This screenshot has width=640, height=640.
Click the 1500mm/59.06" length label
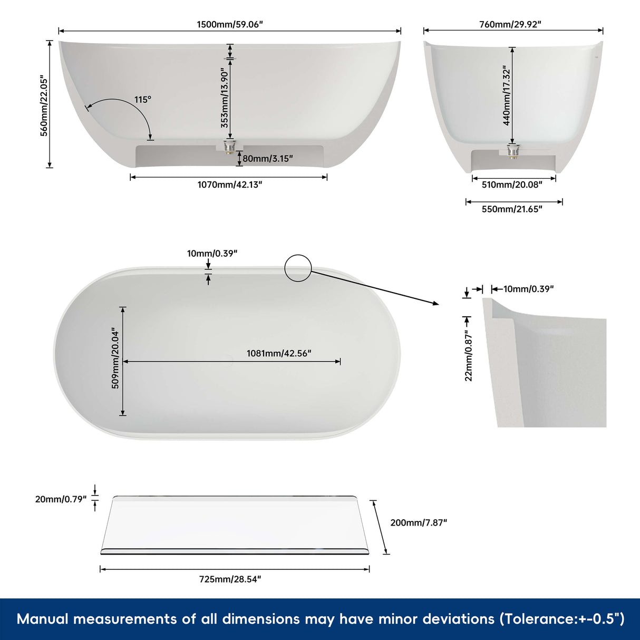pyautogui.click(x=229, y=24)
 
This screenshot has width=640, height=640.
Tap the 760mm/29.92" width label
pyautogui.click(x=510, y=24)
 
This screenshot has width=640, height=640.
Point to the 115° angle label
pyautogui.click(x=142, y=100)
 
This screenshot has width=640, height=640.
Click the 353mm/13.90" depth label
pyautogui.click(x=225, y=98)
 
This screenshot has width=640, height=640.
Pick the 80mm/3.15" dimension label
pyautogui.click(x=267, y=159)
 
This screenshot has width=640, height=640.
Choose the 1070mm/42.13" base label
pyautogui.click(x=229, y=185)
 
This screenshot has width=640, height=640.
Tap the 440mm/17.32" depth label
pyautogui.click(x=507, y=95)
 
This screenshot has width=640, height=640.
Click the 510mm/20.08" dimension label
pyautogui.click(x=511, y=185)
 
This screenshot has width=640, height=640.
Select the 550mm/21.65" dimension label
pyautogui.click(x=511, y=209)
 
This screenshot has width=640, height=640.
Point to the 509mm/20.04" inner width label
pyautogui.click(x=115, y=358)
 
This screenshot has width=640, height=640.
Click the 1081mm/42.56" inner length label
pyautogui.click(x=279, y=353)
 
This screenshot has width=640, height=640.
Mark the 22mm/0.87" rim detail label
pyautogui.click(x=469, y=356)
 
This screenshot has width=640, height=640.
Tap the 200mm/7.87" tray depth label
pyautogui.click(x=419, y=522)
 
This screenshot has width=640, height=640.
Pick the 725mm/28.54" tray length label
pyautogui.click(x=230, y=579)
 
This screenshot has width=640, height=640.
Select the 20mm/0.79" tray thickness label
pyautogui.click(x=61, y=499)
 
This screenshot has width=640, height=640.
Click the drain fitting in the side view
pyautogui.click(x=229, y=146)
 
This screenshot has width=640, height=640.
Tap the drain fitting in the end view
pyautogui.click(x=511, y=150)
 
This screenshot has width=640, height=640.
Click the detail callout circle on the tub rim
pyautogui.click(x=298, y=268)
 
